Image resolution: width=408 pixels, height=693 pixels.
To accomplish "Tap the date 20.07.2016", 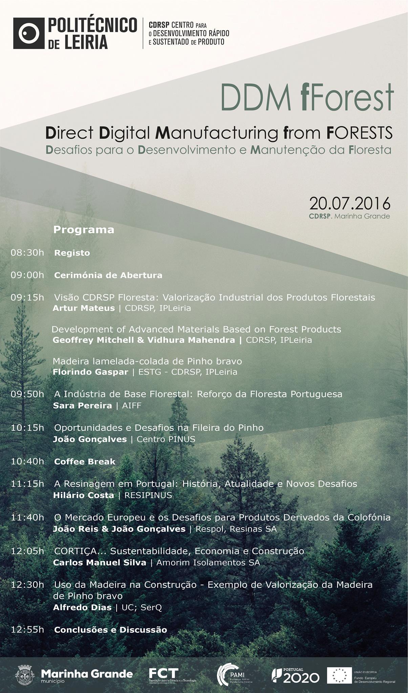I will coord(350,204).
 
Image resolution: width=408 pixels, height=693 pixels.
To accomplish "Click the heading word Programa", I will coord(84,230).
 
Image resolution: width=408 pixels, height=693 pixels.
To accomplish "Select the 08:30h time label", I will coord(27,253).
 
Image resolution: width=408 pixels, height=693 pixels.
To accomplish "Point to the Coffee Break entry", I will coord(85,462).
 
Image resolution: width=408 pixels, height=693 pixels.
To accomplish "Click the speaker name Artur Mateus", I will coord(84,308).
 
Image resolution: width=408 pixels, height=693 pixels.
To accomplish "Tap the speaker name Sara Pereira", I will coord(82,405).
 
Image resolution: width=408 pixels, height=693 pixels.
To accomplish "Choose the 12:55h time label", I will coord(27,630).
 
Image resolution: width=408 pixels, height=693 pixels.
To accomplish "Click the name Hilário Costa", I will coord(84,495).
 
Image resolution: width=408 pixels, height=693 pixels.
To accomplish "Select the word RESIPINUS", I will coord(148,495).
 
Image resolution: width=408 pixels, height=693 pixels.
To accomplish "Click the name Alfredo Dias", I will coord(82,607).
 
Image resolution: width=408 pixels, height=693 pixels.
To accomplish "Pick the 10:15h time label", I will coord(27,428).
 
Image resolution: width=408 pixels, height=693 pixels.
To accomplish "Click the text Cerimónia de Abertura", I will coord(108,275).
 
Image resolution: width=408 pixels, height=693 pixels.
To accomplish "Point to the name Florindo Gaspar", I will coord(90,372).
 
